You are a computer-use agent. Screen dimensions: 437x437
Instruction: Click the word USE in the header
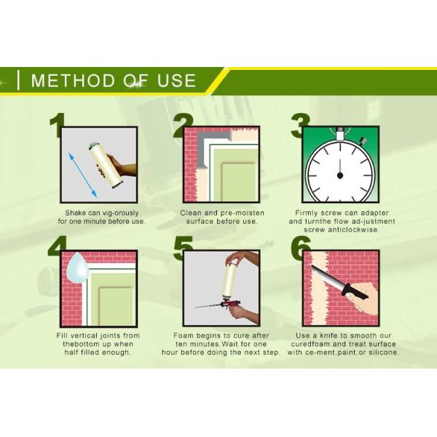click(x=177, y=81)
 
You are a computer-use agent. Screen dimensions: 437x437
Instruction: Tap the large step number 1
click(x=57, y=125)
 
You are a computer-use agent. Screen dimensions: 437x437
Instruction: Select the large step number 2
click(x=183, y=125)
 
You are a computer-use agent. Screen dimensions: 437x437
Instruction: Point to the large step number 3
click(x=300, y=125)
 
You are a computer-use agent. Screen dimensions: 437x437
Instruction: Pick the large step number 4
click(x=57, y=246)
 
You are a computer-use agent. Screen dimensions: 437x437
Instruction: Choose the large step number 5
click(x=183, y=248)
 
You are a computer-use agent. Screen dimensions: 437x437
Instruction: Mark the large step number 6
click(x=300, y=248)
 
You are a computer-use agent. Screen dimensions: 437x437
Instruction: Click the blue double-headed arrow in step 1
click(x=82, y=175)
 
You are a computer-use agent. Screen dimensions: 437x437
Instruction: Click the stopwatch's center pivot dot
click(x=339, y=176)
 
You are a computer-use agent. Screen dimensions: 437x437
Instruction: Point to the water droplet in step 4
click(x=78, y=268)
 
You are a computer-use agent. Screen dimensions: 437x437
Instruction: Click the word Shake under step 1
click(x=76, y=213)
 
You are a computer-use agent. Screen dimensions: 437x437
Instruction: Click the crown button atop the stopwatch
click(x=340, y=134)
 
